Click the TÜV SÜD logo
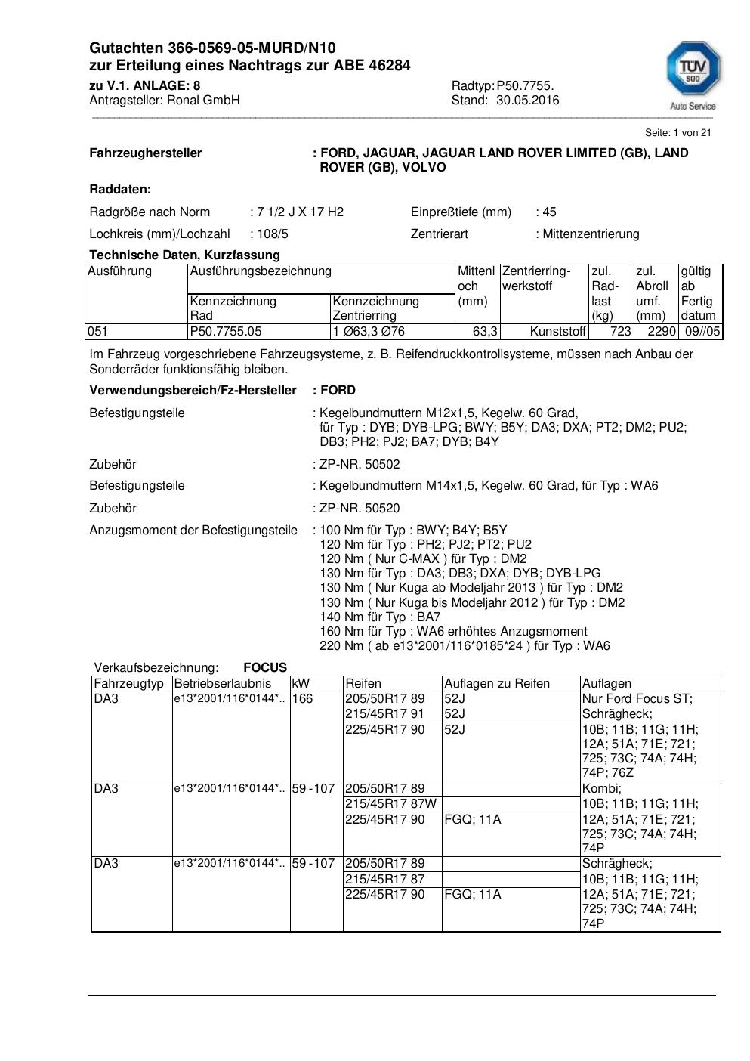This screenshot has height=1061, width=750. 692,74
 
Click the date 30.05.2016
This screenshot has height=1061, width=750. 527,100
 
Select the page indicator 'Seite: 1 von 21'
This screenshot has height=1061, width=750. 677,132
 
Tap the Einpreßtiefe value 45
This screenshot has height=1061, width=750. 549,212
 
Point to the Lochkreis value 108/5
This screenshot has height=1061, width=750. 272,234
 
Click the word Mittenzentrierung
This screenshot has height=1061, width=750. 591,234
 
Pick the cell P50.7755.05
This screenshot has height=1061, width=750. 226,331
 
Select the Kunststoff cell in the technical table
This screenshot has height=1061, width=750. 558,331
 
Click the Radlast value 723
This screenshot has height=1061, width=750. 620,331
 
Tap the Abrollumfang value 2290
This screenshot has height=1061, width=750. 662,331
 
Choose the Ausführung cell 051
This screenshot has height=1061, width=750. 98,331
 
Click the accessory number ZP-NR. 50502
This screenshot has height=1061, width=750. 360,464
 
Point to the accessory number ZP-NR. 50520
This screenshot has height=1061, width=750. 360,508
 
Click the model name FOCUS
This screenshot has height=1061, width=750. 265,667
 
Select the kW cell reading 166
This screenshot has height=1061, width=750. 302,698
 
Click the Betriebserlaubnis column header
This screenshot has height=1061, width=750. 222,683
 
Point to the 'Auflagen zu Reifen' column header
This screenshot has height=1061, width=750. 496,683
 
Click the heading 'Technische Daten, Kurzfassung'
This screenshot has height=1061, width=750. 184,255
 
